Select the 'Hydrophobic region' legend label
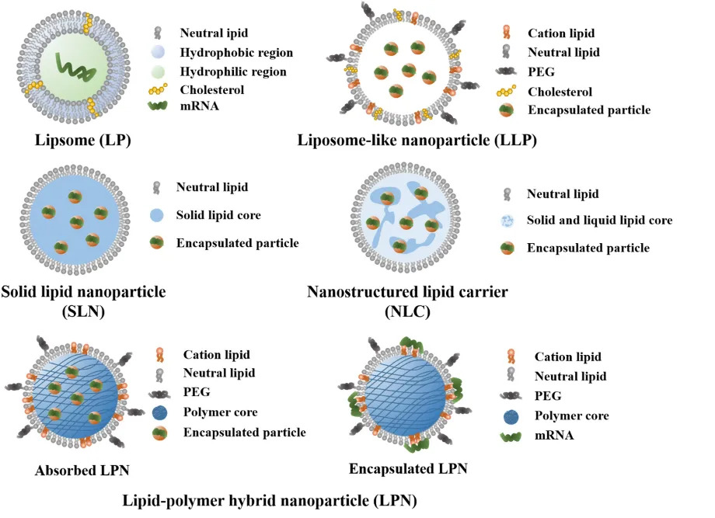click(x=236, y=52)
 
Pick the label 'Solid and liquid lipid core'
click(x=599, y=221)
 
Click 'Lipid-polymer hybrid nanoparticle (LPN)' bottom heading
click(x=269, y=501)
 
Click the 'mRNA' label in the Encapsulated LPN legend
click(x=553, y=436)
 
